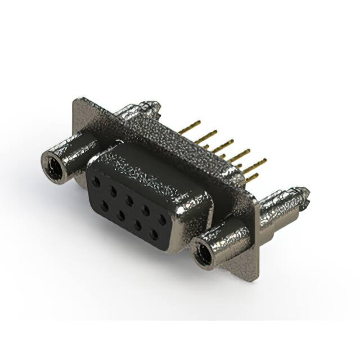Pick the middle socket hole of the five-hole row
tap(130, 201)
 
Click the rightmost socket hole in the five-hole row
tap(163, 220)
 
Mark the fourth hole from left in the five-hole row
tap(146, 210)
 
